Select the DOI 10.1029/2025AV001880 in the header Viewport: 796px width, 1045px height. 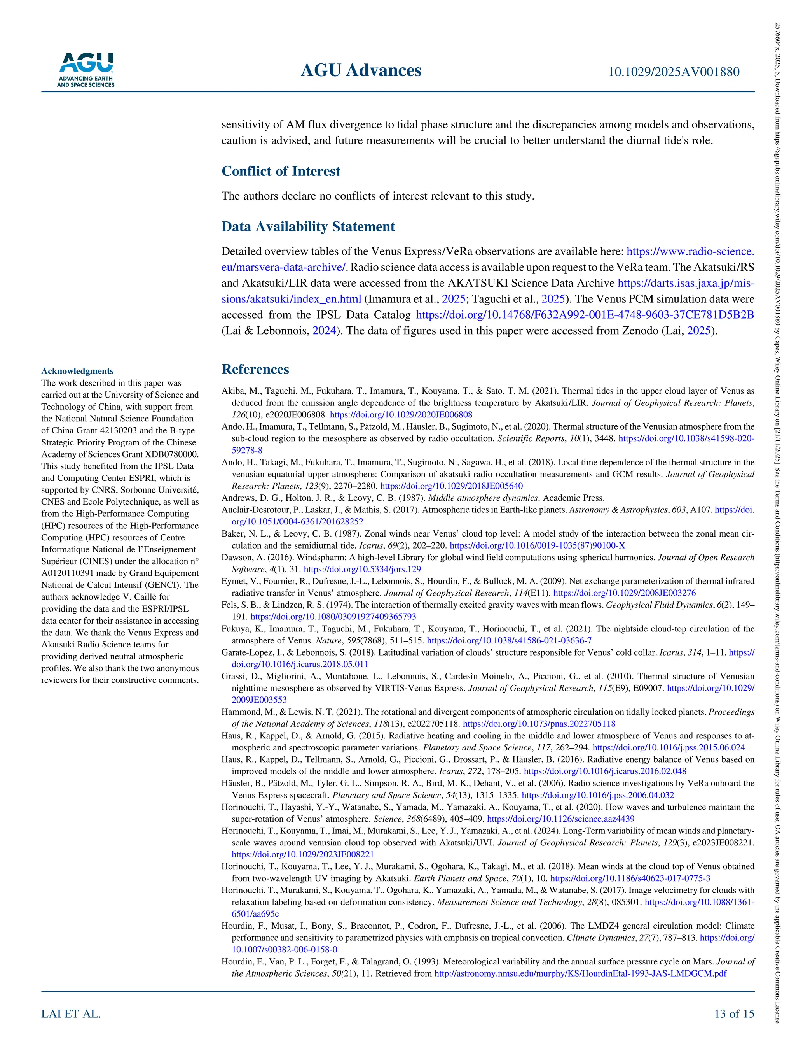(x=674, y=72)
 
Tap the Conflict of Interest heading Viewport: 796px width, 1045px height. (x=281, y=171)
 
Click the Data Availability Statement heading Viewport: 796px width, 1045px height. (x=308, y=227)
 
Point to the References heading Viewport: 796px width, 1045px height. (x=255, y=369)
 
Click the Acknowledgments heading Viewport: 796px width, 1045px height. (x=77, y=371)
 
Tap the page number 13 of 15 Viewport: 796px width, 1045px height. (x=734, y=1014)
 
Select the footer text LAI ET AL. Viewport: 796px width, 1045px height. (x=71, y=1014)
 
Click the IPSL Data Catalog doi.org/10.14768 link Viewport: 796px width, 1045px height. (x=585, y=315)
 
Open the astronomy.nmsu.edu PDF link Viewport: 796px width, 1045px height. (x=580, y=974)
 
